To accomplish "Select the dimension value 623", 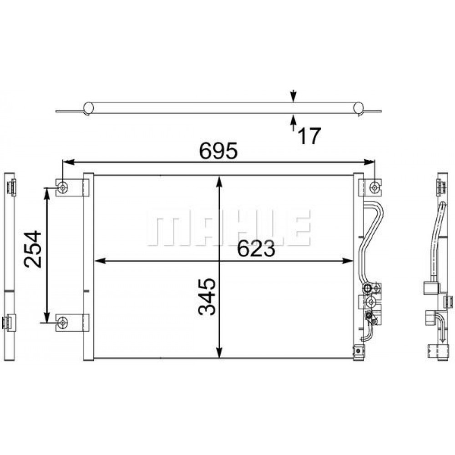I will point(256,250).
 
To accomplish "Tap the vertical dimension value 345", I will point(207,297).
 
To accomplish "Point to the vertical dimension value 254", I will point(33,249).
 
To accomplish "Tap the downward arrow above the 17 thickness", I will point(294,97).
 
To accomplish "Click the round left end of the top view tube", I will point(89,108).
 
